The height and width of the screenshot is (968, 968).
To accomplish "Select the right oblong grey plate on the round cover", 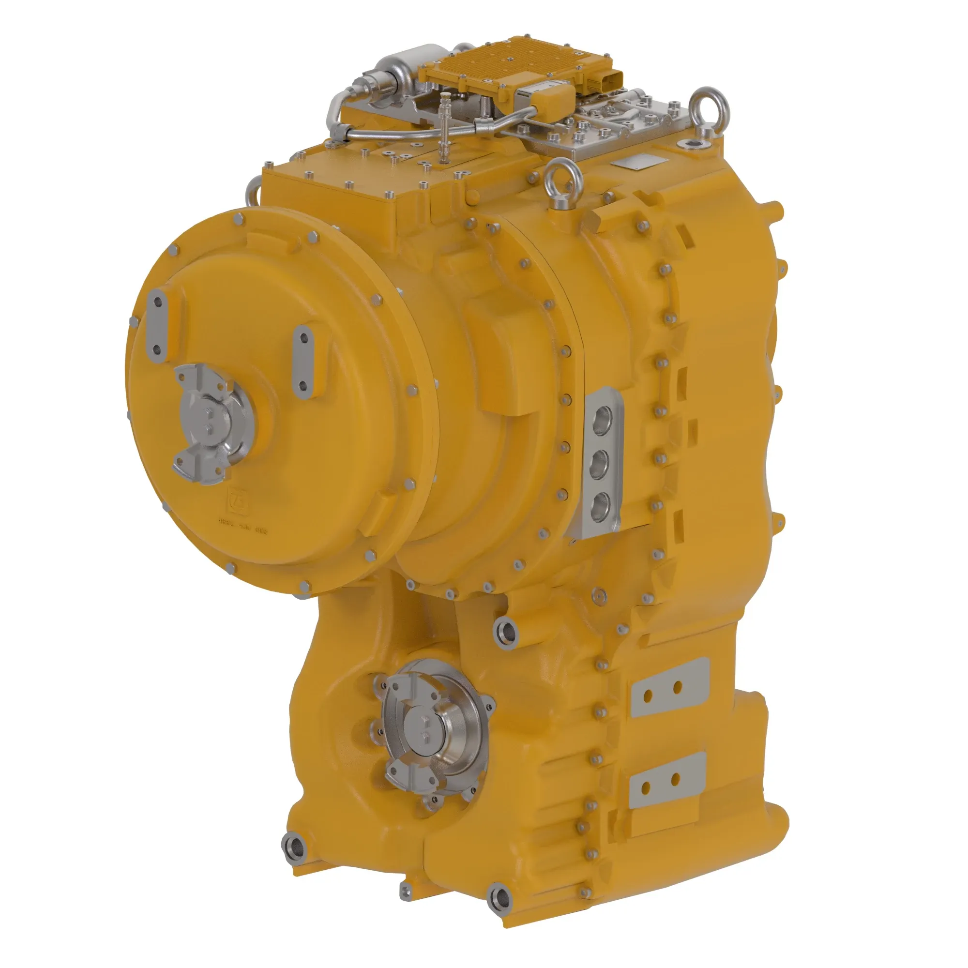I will [302, 360].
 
